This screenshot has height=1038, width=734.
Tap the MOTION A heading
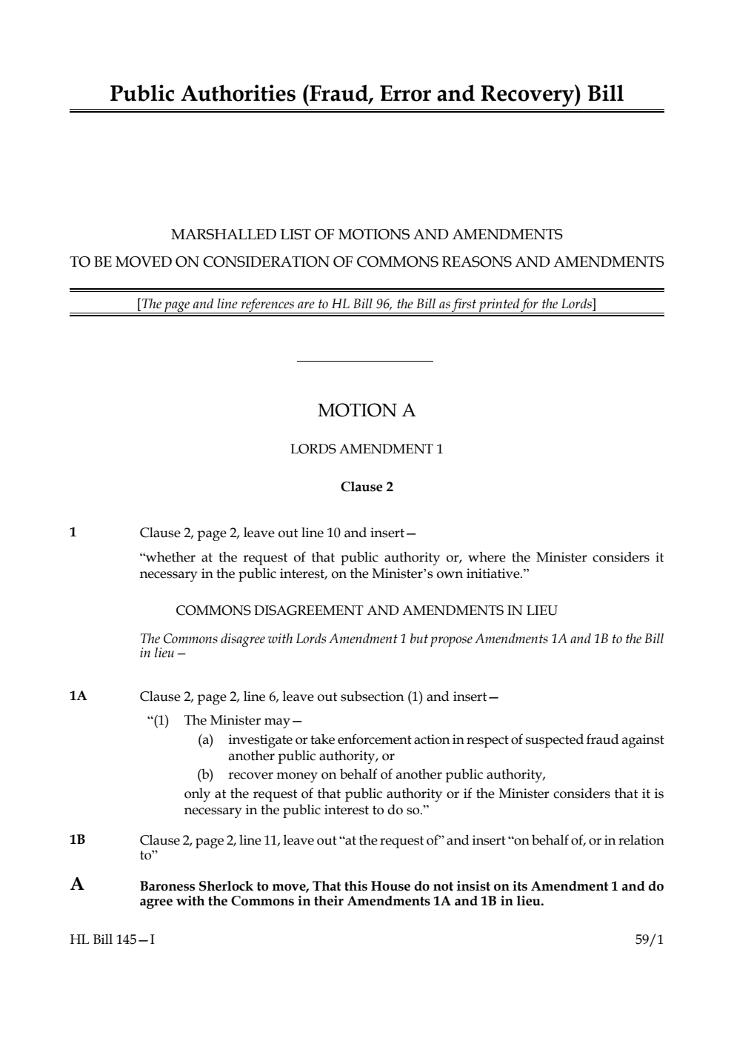(x=367, y=410)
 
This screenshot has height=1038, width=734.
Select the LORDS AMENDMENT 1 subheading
(x=367, y=449)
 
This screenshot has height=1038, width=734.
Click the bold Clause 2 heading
(x=367, y=487)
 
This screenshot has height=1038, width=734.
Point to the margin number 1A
(x=78, y=696)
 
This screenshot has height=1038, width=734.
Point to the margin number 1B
(x=78, y=839)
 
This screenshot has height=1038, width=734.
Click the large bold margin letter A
(x=77, y=884)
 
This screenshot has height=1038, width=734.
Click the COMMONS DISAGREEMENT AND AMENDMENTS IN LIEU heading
(x=367, y=611)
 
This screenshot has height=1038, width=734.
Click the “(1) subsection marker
(x=159, y=720)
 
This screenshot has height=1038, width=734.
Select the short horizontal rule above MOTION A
(x=364, y=362)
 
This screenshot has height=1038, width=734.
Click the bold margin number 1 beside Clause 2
(x=73, y=533)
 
